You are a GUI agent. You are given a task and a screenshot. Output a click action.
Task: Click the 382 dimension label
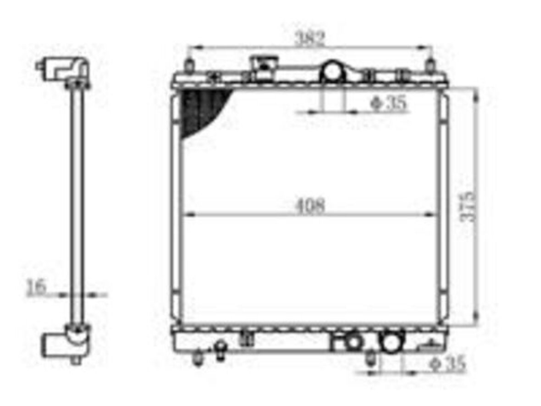309,39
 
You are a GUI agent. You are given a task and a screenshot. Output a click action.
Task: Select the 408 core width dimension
309,206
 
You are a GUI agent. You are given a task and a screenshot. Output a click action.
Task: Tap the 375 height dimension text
468,206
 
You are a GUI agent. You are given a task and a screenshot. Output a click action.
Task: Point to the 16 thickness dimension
36,286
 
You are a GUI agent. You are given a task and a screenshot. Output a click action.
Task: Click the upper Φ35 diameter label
388,103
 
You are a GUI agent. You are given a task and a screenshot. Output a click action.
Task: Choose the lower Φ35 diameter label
447,363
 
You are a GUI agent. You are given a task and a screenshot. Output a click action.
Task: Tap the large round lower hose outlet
392,342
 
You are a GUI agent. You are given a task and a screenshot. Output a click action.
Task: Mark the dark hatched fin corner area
200,109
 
